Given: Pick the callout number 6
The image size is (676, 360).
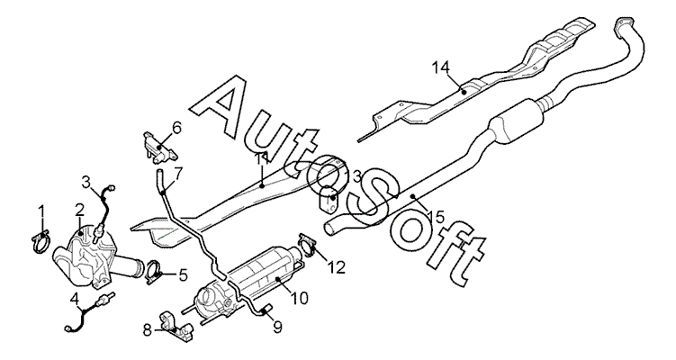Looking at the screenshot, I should point(176,128).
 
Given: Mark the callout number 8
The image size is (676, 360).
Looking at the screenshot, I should point(148,331).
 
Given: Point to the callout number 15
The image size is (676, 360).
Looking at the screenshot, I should point(437,216).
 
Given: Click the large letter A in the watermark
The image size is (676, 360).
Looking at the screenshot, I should point(230,103).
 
